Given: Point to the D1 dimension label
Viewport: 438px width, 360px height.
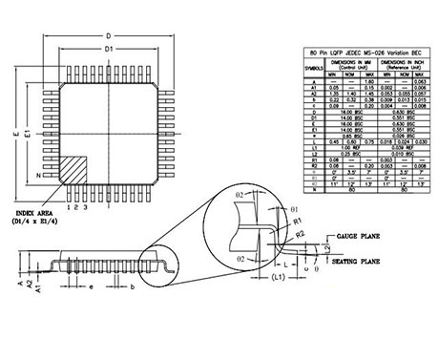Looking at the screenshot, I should tap(108, 48).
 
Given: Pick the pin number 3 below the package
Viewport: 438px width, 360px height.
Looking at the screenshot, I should tap(87, 205).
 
